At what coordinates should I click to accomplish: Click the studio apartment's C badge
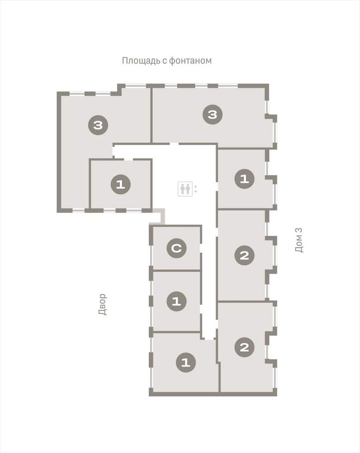tap(176, 248)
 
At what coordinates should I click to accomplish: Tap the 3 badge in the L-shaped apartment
tap(98, 125)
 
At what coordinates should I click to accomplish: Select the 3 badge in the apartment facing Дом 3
tap(213, 115)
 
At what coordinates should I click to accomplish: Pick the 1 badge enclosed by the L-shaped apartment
tap(120, 184)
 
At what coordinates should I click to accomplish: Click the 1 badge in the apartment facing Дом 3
tap(244, 179)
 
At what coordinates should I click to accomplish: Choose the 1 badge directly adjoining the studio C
tap(176, 301)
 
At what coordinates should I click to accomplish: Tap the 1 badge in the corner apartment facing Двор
tap(186, 362)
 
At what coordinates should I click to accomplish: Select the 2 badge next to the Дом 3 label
tap(244, 255)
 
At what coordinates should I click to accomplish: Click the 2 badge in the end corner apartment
tap(244, 347)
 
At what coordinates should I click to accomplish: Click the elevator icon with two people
tap(185, 189)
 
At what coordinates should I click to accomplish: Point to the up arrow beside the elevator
tap(196, 186)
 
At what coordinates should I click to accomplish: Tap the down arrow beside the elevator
tap(196, 191)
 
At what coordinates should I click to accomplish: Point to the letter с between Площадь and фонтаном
tap(165, 61)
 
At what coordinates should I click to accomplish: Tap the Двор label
tap(102, 304)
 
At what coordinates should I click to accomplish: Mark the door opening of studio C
tap(201, 248)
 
